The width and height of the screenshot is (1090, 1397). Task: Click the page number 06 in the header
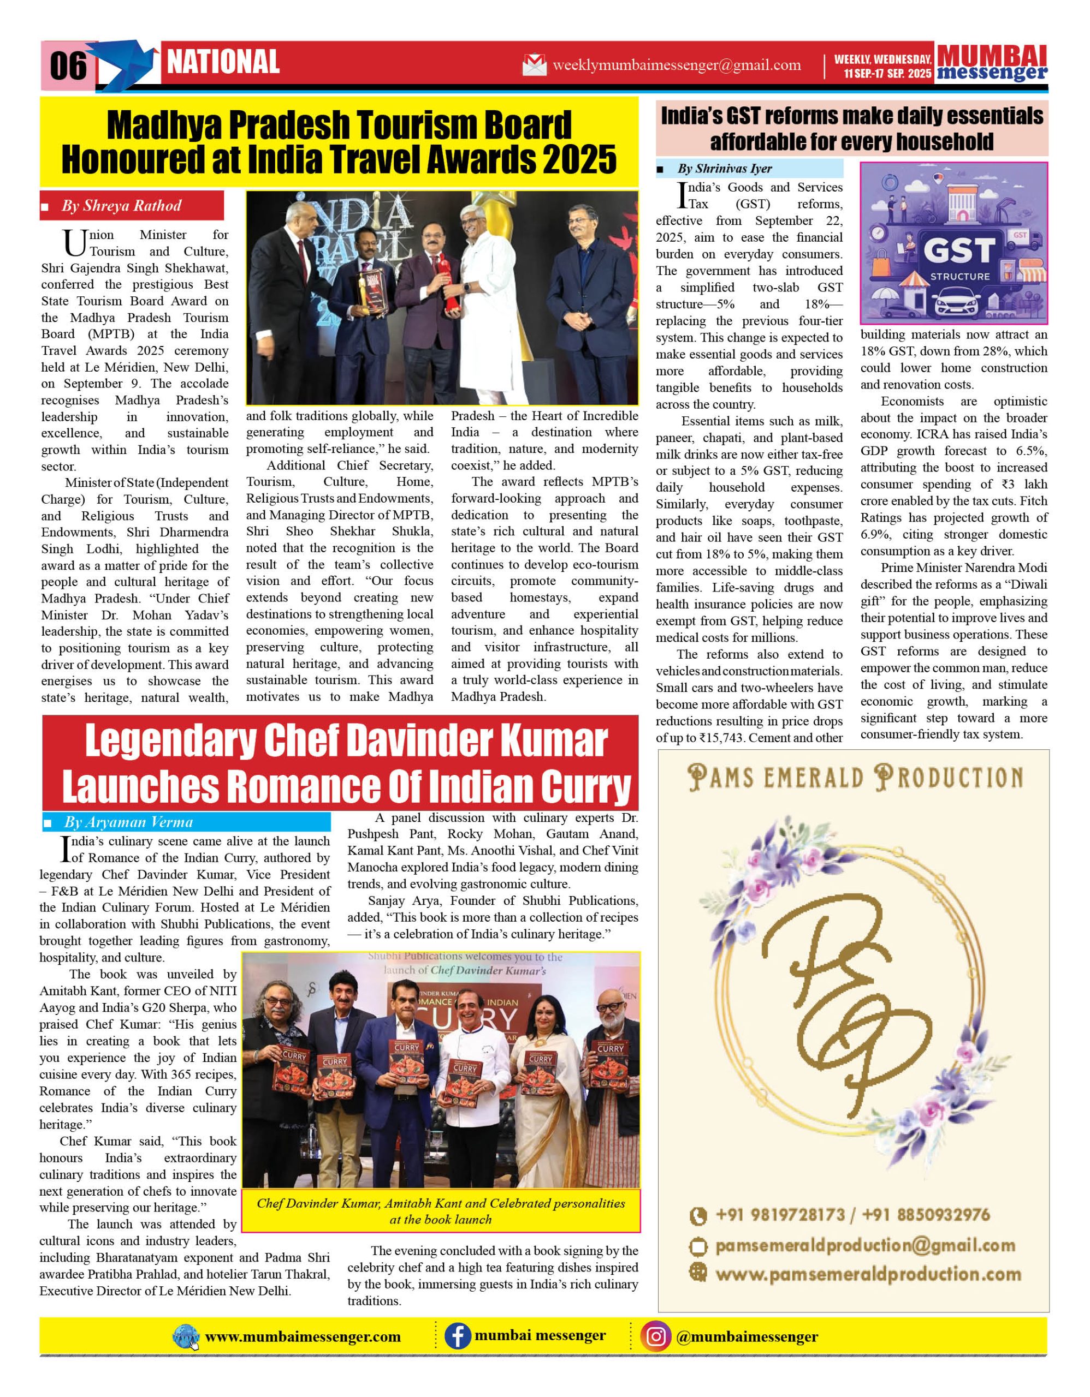click(68, 65)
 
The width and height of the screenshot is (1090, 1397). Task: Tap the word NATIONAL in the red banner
click(223, 62)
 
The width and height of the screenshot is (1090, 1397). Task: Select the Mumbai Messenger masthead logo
click(992, 63)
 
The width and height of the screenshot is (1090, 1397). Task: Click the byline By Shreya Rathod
click(121, 206)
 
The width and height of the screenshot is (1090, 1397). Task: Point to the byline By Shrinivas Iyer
click(725, 169)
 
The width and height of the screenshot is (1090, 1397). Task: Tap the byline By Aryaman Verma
click(128, 822)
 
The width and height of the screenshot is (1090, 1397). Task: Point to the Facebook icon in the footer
click(458, 1337)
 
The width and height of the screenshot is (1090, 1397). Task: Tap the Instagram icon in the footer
click(655, 1337)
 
